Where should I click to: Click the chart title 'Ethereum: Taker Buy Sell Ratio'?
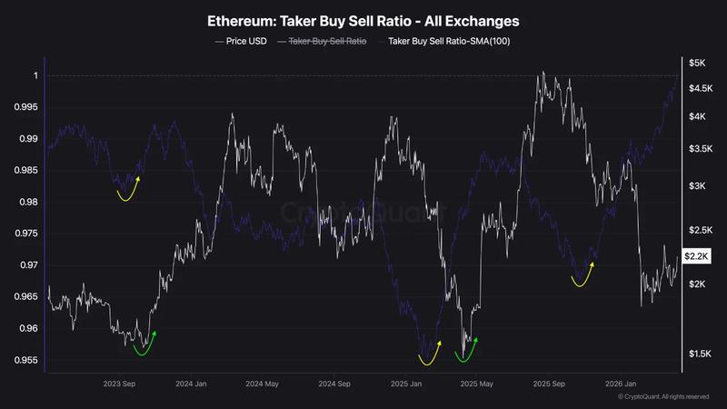[x=363, y=19]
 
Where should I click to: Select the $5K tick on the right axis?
[x=696, y=63]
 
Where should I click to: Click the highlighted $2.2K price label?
[x=697, y=257]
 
